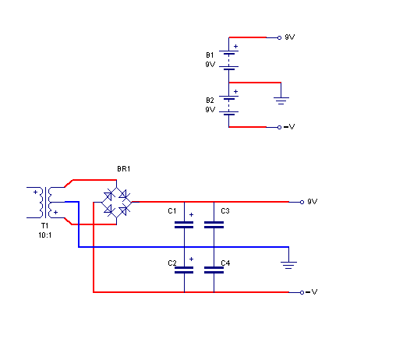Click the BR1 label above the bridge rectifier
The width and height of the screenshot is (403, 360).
[123, 169]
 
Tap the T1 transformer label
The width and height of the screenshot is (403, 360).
[44, 225]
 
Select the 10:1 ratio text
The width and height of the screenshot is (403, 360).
[45, 235]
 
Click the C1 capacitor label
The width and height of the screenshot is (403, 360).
[171, 211]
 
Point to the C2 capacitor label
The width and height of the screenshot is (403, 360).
[172, 263]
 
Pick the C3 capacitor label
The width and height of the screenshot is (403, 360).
[225, 211]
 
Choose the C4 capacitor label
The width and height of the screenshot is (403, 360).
[225, 263]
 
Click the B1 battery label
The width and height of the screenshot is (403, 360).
[210, 55]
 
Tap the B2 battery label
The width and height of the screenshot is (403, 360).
[210, 101]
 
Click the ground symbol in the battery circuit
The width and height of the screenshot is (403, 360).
[281, 101]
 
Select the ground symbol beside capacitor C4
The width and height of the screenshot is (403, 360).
[288, 265]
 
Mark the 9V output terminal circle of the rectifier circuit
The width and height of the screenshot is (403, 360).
[302, 202]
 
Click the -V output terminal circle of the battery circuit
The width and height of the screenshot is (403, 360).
[279, 127]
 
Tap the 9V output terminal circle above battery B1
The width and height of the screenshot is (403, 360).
[279, 38]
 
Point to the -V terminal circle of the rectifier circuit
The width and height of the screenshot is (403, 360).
[302, 292]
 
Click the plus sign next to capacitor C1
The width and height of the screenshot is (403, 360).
[191, 215]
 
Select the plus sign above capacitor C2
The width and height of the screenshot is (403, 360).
[191, 259]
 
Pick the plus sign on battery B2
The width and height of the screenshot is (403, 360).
[235, 92]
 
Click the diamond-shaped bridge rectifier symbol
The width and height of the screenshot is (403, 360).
[116, 202]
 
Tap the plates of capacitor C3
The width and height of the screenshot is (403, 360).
[214, 225]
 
